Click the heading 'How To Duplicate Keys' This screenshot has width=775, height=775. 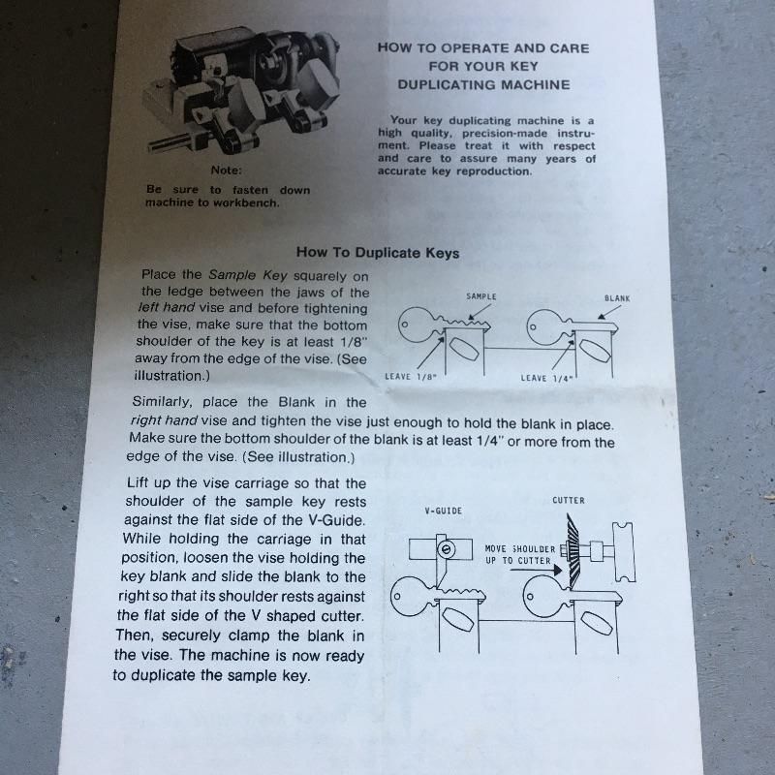378,253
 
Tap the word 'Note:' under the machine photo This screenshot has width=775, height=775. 227,170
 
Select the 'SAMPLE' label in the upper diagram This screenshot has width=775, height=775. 480,296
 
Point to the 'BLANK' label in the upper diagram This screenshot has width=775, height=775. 617,298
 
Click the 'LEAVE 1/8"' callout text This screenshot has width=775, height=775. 411,377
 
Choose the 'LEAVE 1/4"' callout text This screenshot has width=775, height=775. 546,379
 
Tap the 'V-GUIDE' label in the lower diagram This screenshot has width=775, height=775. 444,511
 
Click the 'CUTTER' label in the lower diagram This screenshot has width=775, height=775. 569,500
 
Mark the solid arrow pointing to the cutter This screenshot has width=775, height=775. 536,570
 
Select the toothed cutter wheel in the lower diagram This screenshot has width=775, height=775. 573,551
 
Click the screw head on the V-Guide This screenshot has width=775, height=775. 446,549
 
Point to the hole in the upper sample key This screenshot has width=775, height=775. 404,325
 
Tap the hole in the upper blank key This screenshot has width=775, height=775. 533,327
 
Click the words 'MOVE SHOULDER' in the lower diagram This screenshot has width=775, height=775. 520,549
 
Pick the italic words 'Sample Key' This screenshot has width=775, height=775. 248,275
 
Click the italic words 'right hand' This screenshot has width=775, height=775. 164,420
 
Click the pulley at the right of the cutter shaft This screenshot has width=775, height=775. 624,552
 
